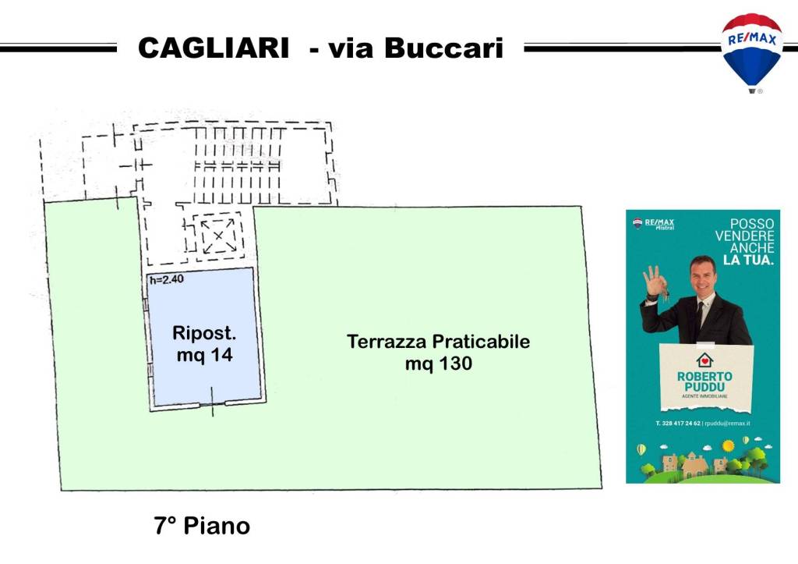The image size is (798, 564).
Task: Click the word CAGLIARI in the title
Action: click(x=212, y=48)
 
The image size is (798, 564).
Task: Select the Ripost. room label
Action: click(x=203, y=334)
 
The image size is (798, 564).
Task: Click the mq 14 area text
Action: click(x=203, y=355)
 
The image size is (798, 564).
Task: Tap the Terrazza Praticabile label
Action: click(x=438, y=342)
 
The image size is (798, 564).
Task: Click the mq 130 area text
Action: click(x=438, y=364)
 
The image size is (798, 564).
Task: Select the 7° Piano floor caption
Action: click(x=202, y=526)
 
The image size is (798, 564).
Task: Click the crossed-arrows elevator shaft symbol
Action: click(x=218, y=233)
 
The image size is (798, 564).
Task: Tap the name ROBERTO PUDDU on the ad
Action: click(x=704, y=381)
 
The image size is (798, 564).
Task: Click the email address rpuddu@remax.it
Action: click(x=727, y=424)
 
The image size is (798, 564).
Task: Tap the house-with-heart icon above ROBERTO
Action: click(x=704, y=360)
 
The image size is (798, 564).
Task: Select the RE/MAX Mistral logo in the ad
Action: click(x=654, y=224)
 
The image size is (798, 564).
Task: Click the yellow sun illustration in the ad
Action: click(x=728, y=445)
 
